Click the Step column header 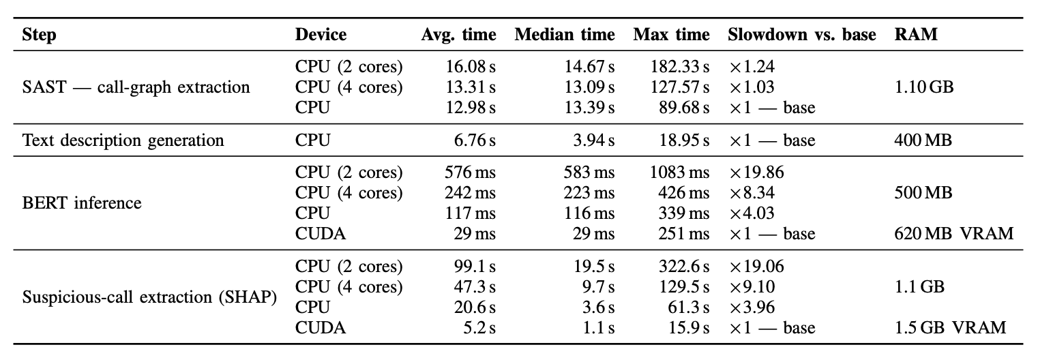[39, 35]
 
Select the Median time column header [565, 34]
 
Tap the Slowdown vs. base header [801, 34]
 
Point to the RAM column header [916, 34]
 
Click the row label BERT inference [82, 202]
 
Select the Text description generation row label [123, 140]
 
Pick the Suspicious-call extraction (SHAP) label [149, 297]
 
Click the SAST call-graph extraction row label [136, 87]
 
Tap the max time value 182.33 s [679, 67]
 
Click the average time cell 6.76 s [474, 140]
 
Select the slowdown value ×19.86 [756, 172]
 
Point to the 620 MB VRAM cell [953, 233]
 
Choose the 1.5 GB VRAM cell [950, 327]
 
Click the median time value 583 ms [589, 172]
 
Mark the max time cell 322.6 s [684, 266]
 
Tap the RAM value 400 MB [923, 140]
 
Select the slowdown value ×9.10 [752, 286]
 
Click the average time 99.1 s [474, 266]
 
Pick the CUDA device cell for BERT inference [320, 233]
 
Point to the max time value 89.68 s [684, 107]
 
